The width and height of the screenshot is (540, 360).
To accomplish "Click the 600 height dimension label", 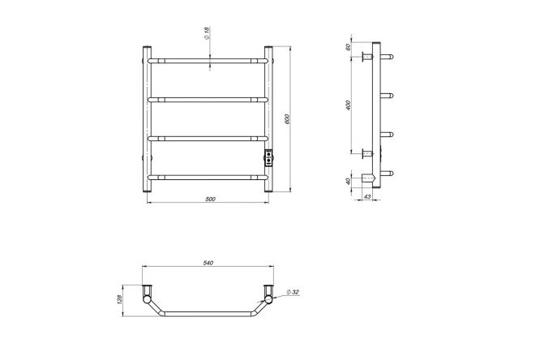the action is pos(287,119).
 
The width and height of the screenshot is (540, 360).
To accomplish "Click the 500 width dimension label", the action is pos(210,199).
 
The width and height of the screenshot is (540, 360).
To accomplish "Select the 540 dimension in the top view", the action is pos(208,263).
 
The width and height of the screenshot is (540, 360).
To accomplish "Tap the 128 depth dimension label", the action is pos(119,300).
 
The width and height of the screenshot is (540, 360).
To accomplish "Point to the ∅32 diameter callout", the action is pos(293,292).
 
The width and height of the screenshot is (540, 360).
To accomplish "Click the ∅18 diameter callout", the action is pos(207,33).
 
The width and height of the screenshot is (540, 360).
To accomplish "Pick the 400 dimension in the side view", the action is pos(348,105).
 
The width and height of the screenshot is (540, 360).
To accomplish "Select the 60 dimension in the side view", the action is pos(348,46).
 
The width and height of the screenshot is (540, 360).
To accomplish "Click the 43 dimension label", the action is pos(367,196).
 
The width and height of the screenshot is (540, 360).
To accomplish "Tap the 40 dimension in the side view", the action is pos(348,181).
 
